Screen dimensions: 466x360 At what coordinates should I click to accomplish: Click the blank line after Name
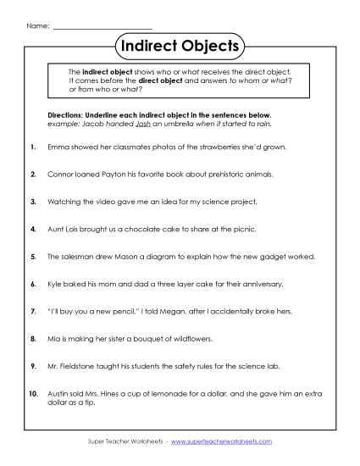coord(102,26)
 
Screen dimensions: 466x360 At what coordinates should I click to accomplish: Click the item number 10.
coord(33,392)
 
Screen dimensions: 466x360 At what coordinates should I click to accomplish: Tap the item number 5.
coord(33,256)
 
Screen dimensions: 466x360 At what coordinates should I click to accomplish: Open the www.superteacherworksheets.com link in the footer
coord(226,441)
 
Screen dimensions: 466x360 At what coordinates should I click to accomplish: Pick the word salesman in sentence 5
coord(74,256)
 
